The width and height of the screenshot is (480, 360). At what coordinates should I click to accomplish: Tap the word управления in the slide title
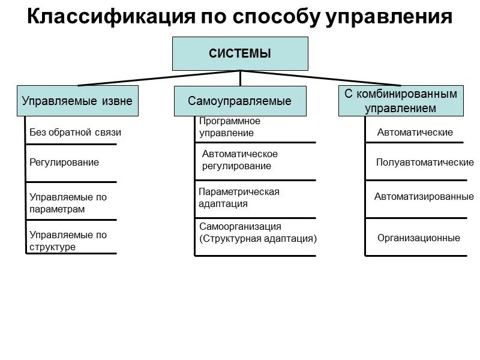(x=389, y=17)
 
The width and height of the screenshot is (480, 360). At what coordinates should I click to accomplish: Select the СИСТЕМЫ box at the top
(x=240, y=54)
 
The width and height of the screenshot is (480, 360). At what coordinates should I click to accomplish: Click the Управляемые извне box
(x=77, y=101)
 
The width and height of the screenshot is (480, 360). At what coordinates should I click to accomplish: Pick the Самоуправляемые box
(x=240, y=101)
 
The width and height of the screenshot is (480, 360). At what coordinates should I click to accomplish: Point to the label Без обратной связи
(x=75, y=132)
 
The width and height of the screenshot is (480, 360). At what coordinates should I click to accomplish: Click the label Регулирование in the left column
(x=64, y=162)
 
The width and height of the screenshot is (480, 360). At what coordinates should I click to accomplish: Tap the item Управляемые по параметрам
(x=68, y=203)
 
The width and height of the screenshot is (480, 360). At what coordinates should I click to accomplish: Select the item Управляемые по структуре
(x=68, y=241)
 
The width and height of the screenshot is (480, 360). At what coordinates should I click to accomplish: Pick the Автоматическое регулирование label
(x=240, y=160)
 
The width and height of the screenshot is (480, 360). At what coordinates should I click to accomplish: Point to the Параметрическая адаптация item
(x=239, y=197)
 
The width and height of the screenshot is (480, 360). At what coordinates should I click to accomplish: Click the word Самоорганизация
(x=241, y=227)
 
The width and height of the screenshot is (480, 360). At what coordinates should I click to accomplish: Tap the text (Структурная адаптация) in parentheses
(x=258, y=238)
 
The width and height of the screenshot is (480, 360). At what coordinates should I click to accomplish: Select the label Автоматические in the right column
(x=415, y=132)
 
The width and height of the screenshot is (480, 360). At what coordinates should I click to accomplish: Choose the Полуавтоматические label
(x=424, y=162)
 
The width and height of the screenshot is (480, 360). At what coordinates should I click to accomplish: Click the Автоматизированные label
(x=424, y=196)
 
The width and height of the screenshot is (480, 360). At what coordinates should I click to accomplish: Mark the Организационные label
(x=419, y=238)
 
